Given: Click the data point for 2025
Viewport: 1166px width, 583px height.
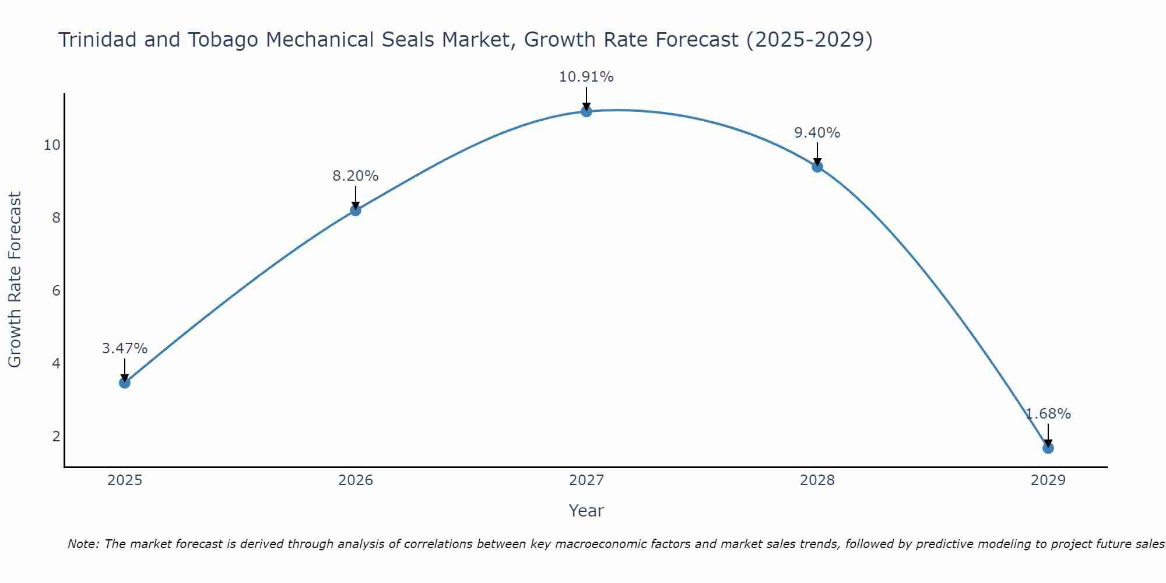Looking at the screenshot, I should (124, 382).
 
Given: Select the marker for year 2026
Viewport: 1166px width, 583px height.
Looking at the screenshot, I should (356, 210).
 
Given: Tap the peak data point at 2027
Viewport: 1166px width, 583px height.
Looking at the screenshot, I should (586, 111).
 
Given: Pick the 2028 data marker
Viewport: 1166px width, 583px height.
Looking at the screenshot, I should (817, 167).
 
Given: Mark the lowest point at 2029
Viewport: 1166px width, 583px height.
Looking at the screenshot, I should (1048, 448).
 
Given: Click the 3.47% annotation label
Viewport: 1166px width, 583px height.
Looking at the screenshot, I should (124, 349).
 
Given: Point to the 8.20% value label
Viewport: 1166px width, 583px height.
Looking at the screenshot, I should (356, 176).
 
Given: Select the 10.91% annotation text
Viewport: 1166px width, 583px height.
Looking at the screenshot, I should (586, 77).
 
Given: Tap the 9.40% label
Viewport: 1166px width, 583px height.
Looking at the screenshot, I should (817, 133).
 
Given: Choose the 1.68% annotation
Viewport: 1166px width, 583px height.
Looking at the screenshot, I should (1048, 414).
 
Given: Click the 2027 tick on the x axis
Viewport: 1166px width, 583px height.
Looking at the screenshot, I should (586, 480).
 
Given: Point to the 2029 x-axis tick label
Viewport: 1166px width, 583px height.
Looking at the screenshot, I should (1048, 480).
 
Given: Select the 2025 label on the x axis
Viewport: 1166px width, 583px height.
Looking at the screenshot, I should (125, 480).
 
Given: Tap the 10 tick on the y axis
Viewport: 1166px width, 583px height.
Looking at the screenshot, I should (52, 145).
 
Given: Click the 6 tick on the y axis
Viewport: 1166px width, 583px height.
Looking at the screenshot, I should (56, 291).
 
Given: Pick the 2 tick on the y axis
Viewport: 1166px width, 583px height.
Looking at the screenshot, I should (56, 436).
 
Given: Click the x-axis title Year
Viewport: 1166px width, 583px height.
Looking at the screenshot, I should (586, 511).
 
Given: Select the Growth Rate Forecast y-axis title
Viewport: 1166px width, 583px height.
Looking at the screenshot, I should (15, 279).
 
